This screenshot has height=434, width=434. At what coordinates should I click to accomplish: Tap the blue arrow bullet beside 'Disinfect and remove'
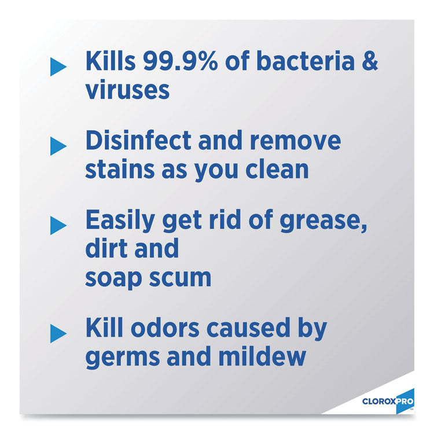coord(58,146)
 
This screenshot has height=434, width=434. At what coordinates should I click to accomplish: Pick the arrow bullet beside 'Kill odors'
coord(58,333)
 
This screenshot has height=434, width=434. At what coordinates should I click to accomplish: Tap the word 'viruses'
coord(127,91)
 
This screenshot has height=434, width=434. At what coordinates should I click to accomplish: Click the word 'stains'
coord(118,170)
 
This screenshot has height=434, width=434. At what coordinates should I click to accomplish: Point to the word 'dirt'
coord(104,249)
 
